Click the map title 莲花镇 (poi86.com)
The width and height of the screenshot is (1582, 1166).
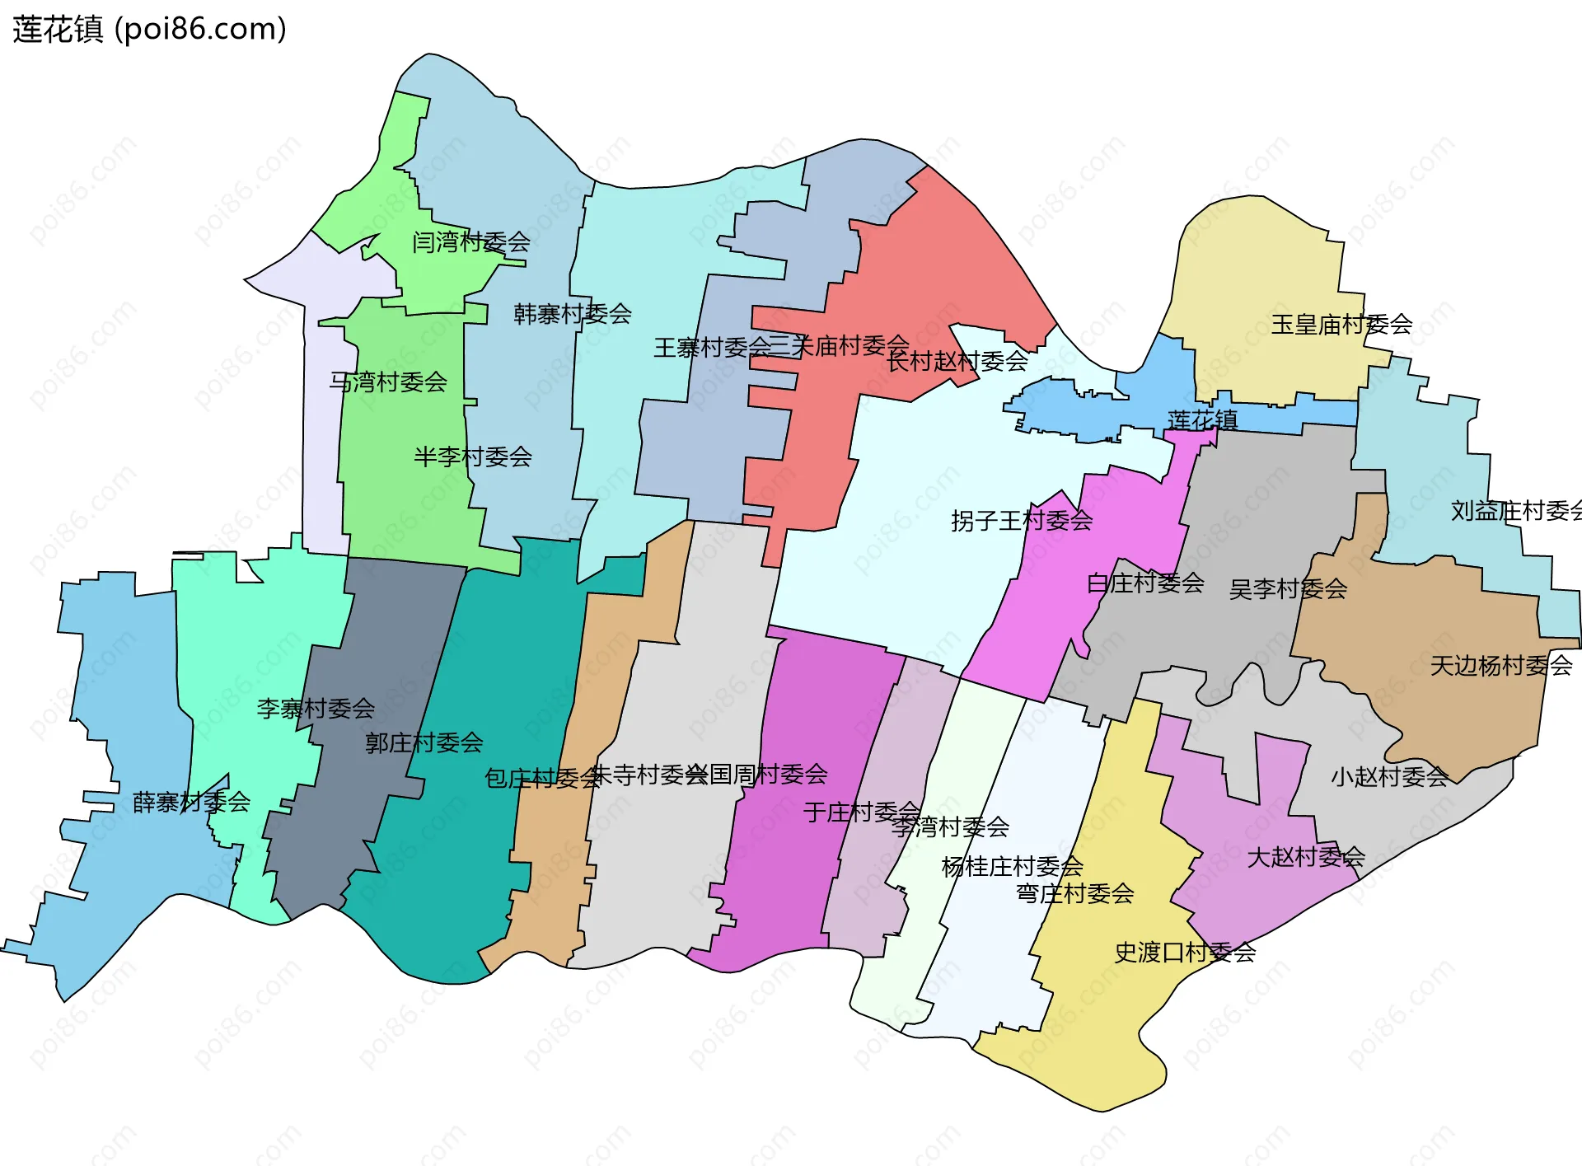coord(149,29)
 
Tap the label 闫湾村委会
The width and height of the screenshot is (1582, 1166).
coord(470,241)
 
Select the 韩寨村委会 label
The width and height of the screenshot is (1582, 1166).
coord(572,313)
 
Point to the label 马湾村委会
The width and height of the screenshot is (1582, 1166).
coord(388,382)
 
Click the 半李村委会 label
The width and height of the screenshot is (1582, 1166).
coord(472,456)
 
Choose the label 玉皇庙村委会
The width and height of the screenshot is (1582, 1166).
coord(1341,324)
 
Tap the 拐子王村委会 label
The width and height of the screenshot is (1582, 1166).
coord(1021,520)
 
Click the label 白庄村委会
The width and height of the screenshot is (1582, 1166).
coord(1144,583)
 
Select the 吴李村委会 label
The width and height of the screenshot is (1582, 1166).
coord(1287,588)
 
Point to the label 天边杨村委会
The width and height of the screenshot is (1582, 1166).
coord(1500,665)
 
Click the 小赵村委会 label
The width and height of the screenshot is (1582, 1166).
coord(1389,776)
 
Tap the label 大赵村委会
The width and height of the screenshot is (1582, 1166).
coord(1305,857)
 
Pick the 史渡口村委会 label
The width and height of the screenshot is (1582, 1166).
coord(1184,953)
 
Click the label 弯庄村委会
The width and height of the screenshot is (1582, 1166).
coord(1074,893)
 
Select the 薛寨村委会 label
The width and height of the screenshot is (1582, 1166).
coord(191,802)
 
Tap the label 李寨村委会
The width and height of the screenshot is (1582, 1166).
coord(316,708)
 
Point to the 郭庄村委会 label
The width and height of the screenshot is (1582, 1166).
coord(424,742)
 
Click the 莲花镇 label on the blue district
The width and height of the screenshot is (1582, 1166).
coord(1202,419)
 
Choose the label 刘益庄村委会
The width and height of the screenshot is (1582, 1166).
coord(1514,511)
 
